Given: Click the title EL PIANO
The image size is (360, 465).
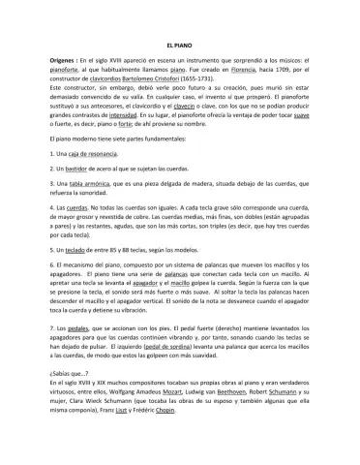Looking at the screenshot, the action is (x=179, y=46).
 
